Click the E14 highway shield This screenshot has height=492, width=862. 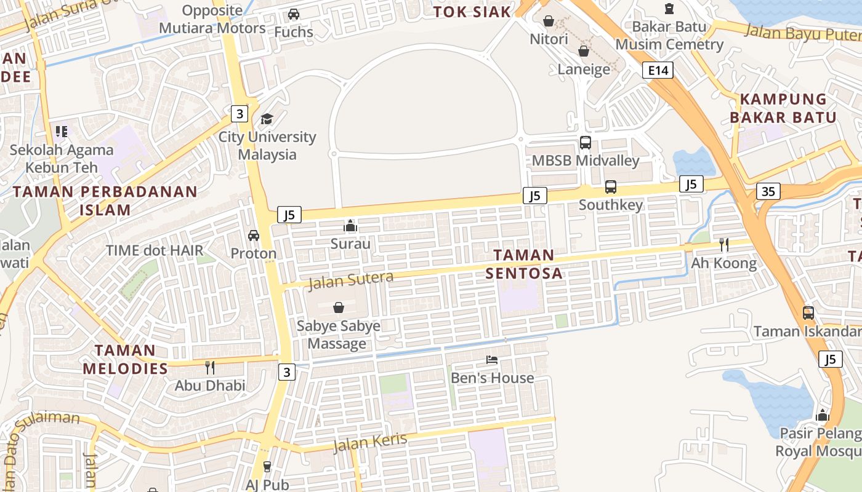tap(658, 70)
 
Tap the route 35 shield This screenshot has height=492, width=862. tap(768, 191)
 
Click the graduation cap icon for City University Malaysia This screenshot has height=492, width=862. tap(267, 119)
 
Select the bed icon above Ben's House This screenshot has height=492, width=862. tap(491, 360)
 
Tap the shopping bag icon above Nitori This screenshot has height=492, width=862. tap(549, 22)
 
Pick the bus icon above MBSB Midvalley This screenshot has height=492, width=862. tap(585, 143)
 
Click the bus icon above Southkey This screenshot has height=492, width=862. tap(610, 186)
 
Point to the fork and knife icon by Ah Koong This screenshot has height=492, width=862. tap(723, 245)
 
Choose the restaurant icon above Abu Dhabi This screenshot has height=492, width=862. tap(210, 368)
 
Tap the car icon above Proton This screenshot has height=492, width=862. tap(253, 236)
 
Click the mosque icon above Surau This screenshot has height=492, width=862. tap(350, 226)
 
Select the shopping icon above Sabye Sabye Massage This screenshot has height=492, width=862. tap(338, 307)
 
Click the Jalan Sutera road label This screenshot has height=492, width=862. tap(350, 280)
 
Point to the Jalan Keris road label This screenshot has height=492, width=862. tap(370, 442)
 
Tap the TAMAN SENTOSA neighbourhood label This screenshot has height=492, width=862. tap(524, 264)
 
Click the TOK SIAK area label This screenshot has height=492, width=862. tap(472, 12)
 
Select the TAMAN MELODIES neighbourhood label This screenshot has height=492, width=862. tap(125, 359)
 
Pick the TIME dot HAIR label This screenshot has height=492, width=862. tap(155, 250)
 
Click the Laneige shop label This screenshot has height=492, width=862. tap(584, 69)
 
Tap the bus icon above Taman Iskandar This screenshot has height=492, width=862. tap(808, 313)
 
